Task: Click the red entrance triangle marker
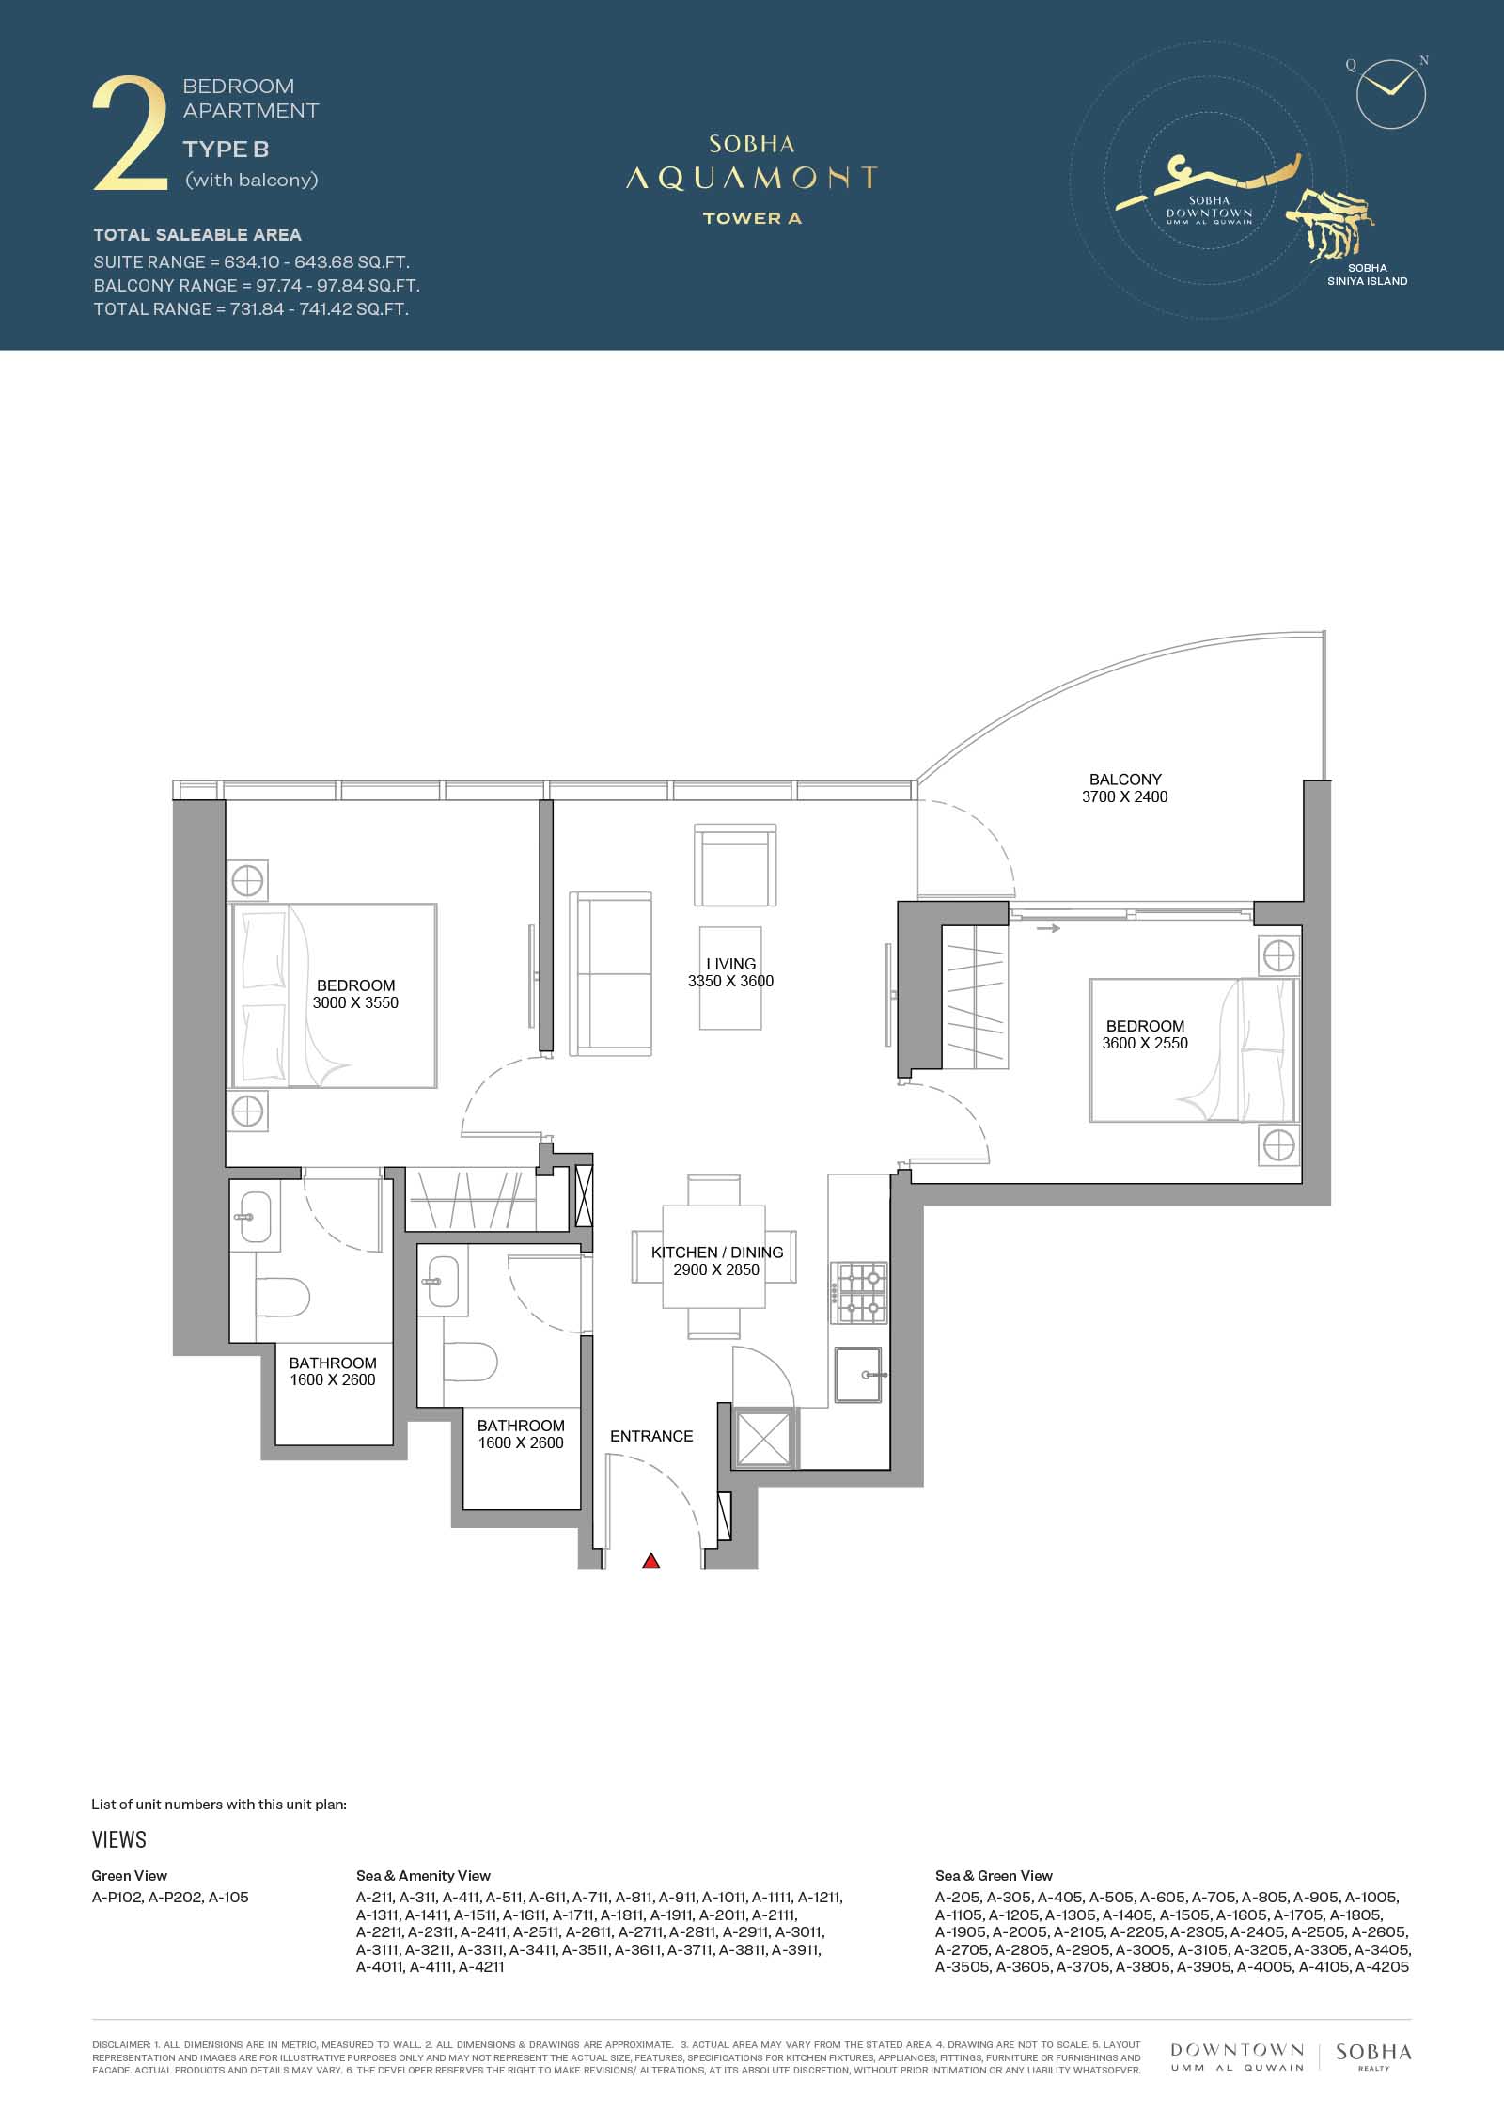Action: [650, 1561]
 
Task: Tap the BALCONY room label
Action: [1125, 780]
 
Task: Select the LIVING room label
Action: [731, 964]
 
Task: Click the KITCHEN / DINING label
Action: [717, 1253]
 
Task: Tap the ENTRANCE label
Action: [651, 1436]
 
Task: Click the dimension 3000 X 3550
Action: [355, 1002]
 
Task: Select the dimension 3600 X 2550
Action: [1145, 1043]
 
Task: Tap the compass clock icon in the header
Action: [1391, 94]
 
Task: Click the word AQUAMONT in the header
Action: [751, 178]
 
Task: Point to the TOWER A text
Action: [752, 218]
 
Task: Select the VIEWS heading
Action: [119, 1839]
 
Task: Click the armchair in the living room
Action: [736, 864]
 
